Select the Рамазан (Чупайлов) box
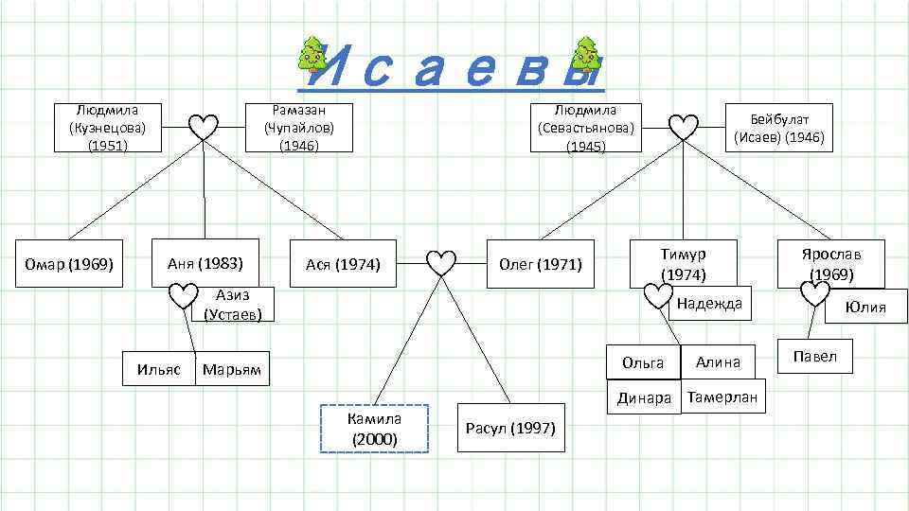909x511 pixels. click(x=299, y=128)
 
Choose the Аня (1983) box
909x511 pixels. click(x=205, y=262)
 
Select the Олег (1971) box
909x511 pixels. click(x=540, y=264)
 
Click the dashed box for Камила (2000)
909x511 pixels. click(x=374, y=429)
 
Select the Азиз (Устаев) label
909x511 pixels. click(x=233, y=305)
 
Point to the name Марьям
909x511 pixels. click(x=234, y=368)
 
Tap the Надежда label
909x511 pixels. click(x=709, y=303)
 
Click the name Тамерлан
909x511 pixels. click(x=723, y=397)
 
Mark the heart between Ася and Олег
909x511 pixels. click(x=441, y=263)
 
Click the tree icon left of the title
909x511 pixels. click(x=309, y=54)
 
